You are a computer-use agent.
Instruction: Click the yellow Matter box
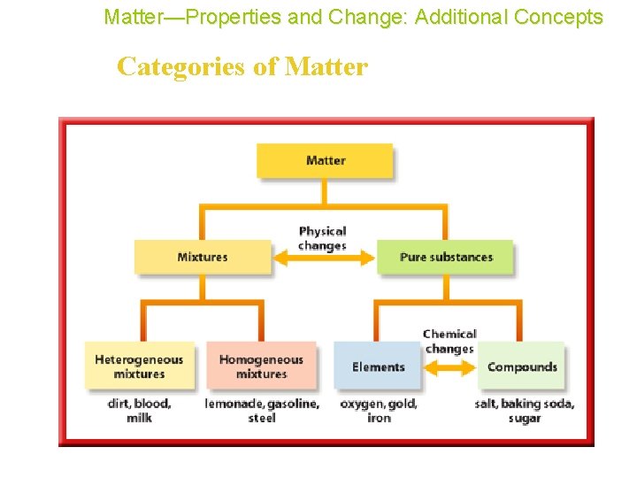[325, 160]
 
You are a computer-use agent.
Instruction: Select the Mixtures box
[203, 257]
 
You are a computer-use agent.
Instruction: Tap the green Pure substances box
[445, 257]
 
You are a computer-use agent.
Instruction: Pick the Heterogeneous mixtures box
[139, 366]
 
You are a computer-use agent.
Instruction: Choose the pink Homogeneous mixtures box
[261, 366]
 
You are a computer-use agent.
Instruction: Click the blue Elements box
[378, 366]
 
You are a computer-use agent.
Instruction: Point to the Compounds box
[522, 366]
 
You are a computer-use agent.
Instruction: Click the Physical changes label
[322, 238]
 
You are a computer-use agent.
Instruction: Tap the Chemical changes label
[449, 341]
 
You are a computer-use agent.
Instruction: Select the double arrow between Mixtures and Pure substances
[324, 258]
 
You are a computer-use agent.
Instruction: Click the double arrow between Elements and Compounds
[449, 366]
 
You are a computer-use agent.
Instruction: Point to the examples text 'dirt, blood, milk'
[139, 411]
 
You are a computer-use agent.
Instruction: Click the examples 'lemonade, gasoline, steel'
[262, 411]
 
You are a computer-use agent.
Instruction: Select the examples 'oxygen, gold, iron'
[379, 411]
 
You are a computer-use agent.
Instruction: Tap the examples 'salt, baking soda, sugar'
[524, 411]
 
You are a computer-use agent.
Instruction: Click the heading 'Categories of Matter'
[242, 66]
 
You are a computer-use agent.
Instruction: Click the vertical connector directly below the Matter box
[325, 191]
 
